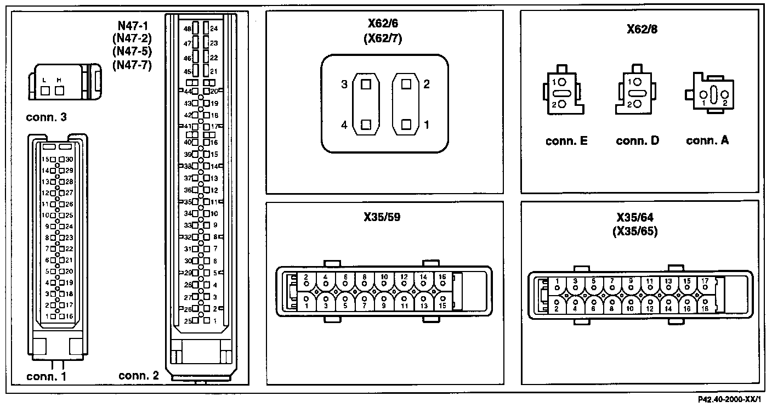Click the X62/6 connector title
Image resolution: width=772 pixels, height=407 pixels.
(x=384, y=26)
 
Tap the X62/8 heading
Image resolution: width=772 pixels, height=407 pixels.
(x=642, y=29)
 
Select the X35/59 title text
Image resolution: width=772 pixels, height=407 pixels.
(x=382, y=217)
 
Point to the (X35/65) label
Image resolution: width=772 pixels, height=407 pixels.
(x=634, y=231)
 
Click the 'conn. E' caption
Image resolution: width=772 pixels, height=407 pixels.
(x=566, y=141)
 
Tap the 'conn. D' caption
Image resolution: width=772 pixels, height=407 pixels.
(x=637, y=141)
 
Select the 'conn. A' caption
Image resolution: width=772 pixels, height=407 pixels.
(x=707, y=141)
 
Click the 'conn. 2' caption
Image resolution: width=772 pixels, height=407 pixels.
(x=139, y=376)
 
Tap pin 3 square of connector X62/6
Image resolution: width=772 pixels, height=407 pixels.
(x=366, y=84)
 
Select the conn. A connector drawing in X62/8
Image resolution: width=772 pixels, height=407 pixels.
(x=712, y=94)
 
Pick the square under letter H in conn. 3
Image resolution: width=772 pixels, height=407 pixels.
(x=59, y=90)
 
